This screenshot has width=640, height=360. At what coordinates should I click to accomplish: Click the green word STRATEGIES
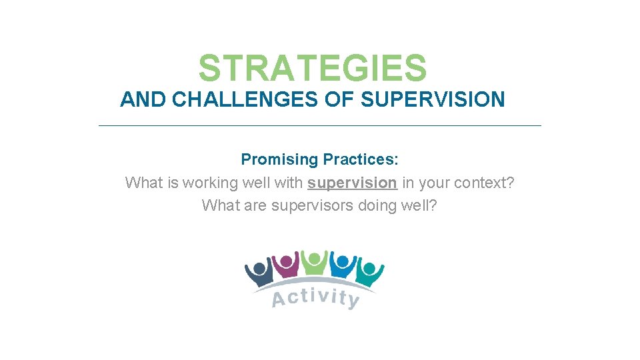coord(312,68)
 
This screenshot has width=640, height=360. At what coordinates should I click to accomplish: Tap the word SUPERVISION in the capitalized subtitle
coord(433,100)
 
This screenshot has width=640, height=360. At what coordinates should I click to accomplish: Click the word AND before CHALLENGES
coord(143,100)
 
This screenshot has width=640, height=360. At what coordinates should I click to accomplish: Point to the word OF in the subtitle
coord(341,100)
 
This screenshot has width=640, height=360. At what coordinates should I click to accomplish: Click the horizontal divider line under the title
coord(320,125)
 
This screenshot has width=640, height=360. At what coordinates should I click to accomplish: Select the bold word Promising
coord(280,160)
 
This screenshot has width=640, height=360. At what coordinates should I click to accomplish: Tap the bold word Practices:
coord(361,160)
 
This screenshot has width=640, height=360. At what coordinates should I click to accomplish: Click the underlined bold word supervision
coord(352,183)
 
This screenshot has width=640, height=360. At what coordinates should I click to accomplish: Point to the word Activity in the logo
coord(315,297)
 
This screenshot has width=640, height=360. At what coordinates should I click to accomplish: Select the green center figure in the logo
coord(313,262)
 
